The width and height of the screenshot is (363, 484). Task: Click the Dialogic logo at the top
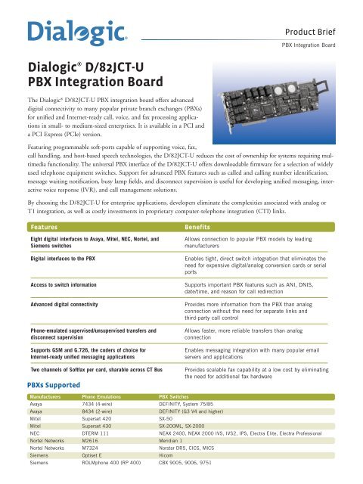pyautogui.click(x=73, y=33)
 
